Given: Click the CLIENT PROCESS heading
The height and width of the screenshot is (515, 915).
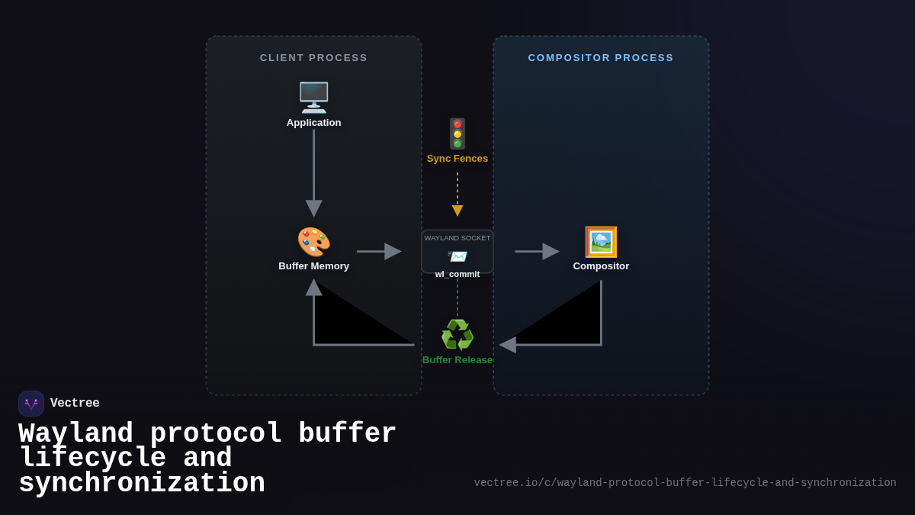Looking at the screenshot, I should (x=313, y=58).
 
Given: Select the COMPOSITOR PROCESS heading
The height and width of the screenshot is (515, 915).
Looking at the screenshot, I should (x=601, y=58).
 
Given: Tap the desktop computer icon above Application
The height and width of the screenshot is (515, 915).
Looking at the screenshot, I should (x=313, y=98).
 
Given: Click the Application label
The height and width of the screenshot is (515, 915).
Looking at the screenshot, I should (x=313, y=123).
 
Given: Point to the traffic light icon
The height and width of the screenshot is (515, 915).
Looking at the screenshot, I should (x=457, y=134).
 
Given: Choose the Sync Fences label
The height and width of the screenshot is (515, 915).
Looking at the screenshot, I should (x=457, y=159).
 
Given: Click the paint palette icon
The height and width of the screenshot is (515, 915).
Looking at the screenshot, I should (x=313, y=242).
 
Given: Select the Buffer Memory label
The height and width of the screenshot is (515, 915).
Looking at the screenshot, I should (x=313, y=266).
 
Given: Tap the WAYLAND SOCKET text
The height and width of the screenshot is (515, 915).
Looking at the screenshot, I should (x=457, y=238).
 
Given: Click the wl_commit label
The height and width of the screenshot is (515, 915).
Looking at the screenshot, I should (x=457, y=275).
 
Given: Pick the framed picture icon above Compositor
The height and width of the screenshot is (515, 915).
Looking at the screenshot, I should (x=601, y=242).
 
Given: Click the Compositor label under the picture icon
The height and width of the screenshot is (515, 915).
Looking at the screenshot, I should (x=601, y=266).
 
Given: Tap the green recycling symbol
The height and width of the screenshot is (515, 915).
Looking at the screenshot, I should (x=457, y=335).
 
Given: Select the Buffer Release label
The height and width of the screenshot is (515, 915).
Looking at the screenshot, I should (x=457, y=360).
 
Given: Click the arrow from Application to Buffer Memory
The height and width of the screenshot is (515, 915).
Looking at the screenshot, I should (x=313, y=172).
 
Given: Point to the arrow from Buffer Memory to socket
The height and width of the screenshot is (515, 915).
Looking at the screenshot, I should (x=378, y=251).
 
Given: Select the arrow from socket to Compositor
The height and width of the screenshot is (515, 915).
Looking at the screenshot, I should (x=537, y=251).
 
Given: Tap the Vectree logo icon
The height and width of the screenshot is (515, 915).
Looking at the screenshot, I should (x=31, y=404).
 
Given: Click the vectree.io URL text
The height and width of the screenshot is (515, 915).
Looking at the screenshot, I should (x=685, y=483).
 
